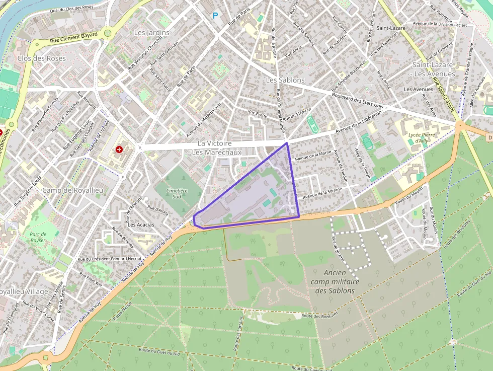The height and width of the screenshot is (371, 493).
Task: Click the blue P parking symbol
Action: [x=215, y=16]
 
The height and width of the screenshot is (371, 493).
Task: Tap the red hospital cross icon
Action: [x=119, y=150]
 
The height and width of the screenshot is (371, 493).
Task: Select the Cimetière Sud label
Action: [x=177, y=194]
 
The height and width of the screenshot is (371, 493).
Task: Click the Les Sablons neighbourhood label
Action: [x=285, y=80]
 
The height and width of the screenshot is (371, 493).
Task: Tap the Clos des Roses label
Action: [x=41, y=58]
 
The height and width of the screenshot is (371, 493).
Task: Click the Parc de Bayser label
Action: [x=38, y=237]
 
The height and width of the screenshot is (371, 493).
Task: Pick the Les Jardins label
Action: [x=151, y=32]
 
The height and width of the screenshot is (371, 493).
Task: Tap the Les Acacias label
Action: [x=141, y=225]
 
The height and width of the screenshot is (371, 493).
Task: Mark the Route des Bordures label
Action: [x=319, y=316]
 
